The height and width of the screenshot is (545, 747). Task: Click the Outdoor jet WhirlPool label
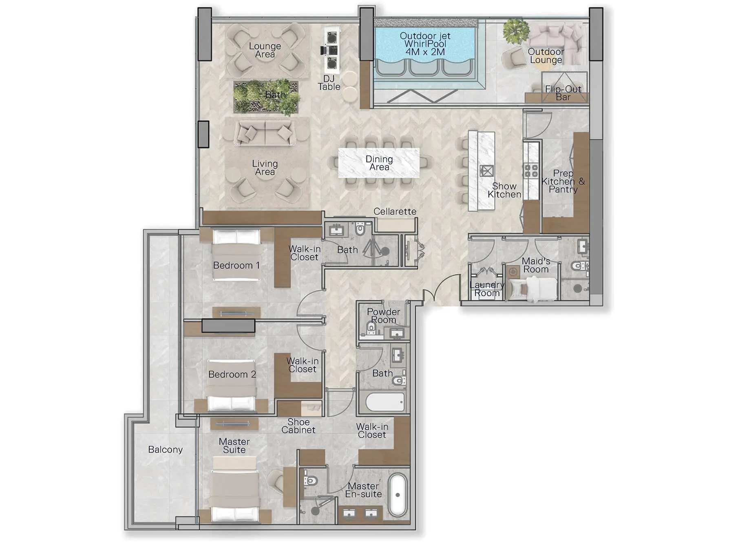click(x=425, y=44)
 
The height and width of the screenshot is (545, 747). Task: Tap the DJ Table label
click(x=329, y=83)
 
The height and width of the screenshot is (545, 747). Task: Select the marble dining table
click(x=379, y=163)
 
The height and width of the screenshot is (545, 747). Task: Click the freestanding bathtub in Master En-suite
click(x=398, y=495)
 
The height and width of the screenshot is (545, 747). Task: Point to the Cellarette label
click(x=395, y=211)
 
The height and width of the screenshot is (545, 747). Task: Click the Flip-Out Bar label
click(x=563, y=93)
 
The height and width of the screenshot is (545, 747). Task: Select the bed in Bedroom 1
click(x=236, y=256)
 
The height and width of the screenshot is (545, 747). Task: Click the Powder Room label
click(x=383, y=316)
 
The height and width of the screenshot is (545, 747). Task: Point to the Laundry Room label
click(x=486, y=289)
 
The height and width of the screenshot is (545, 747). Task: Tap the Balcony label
click(x=165, y=450)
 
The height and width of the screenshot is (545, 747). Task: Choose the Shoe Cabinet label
click(x=298, y=426)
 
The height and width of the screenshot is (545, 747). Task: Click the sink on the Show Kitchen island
click(x=486, y=171)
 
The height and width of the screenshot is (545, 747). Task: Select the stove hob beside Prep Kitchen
click(x=531, y=171)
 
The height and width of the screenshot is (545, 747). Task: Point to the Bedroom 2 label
click(x=232, y=374)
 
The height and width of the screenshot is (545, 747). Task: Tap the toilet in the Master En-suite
click(x=311, y=480)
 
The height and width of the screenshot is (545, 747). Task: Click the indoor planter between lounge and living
click(x=266, y=97)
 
